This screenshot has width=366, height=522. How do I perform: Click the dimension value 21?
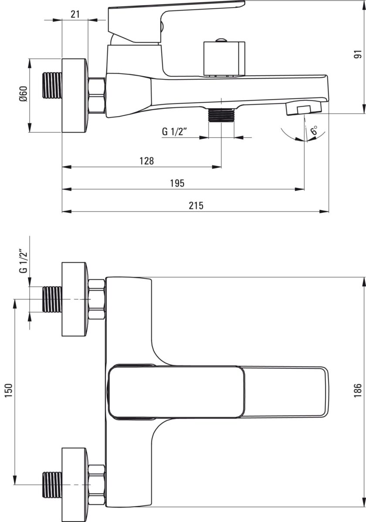(75, 14)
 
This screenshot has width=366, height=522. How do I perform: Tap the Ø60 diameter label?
(24, 94)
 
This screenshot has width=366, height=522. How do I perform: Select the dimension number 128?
(146, 161)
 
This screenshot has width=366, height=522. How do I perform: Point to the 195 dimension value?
(177, 183)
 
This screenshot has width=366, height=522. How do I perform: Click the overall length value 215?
(196, 205)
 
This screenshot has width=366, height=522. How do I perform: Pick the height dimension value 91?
(358, 54)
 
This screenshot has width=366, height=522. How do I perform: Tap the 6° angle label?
(314, 130)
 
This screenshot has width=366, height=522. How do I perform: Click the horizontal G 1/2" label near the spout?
(175, 132)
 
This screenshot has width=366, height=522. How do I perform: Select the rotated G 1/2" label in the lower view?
(24, 262)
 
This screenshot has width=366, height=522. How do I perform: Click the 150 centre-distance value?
(8, 391)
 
